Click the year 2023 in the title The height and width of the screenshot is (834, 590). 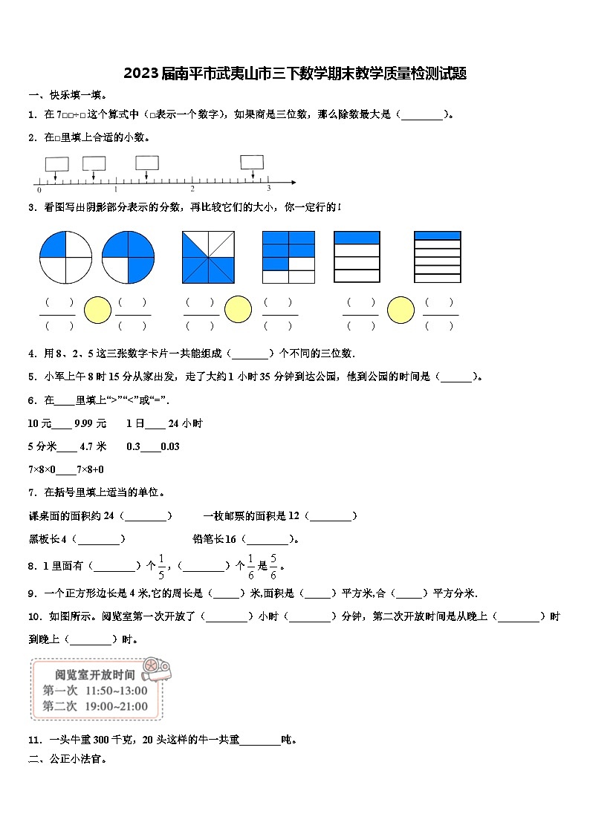pos(139,74)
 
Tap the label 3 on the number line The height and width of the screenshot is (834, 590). pos(268,189)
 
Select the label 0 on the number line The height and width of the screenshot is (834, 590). pos(39,190)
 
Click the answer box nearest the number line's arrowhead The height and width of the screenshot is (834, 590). pos(252,162)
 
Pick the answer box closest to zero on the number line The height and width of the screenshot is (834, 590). pos(56,163)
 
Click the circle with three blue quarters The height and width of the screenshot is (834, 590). pos(129,257)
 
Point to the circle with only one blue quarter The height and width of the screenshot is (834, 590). pos(65,257)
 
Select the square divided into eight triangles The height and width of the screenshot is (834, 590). pos(208,257)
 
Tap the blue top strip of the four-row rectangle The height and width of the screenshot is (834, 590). pos(357,238)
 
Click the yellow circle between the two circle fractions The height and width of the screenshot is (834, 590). pos(97,310)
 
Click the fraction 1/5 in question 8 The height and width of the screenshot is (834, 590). pos(161,566)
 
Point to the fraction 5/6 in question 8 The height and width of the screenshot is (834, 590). pos(273,566)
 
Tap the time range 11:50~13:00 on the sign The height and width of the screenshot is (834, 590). pos(116,691)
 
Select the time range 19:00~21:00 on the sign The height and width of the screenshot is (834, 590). pos(116,706)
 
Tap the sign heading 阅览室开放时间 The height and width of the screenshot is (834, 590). pos(95,675)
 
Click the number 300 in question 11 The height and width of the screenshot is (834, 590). pos(103,739)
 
